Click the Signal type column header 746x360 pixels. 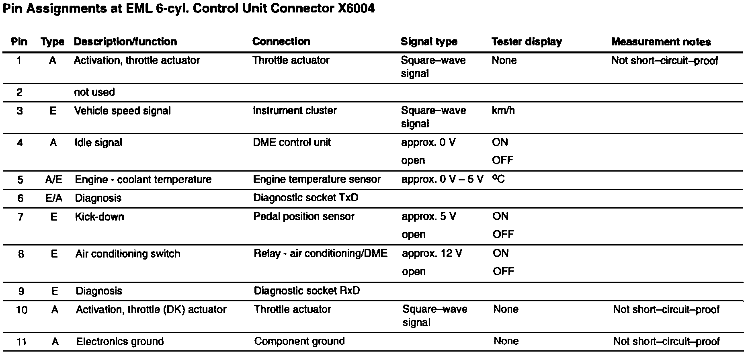pyautogui.click(x=429, y=42)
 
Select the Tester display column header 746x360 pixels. pyautogui.click(x=527, y=42)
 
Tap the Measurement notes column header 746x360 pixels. pyautogui.click(x=661, y=42)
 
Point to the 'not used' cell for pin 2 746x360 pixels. pyautogui.click(x=94, y=92)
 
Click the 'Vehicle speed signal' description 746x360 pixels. pyautogui.click(x=123, y=111)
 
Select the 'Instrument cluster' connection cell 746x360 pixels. pyautogui.click(x=295, y=110)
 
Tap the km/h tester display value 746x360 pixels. pyautogui.click(x=503, y=110)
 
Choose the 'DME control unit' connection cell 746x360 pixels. pyautogui.click(x=292, y=142)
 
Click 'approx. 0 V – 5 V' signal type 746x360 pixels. pyautogui.click(x=442, y=179)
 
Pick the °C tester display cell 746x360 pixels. pyautogui.click(x=498, y=179)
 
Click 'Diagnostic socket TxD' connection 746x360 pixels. pyautogui.click(x=305, y=198)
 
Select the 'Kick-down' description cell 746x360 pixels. pyautogui.click(x=100, y=217)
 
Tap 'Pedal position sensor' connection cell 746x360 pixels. pyautogui.click(x=304, y=217)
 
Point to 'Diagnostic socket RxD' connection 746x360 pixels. pyautogui.click(x=307, y=291)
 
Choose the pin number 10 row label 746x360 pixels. pyautogui.click(x=22, y=310)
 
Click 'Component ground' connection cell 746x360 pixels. pyautogui.click(x=299, y=342)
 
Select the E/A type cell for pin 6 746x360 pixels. pyautogui.click(x=54, y=198)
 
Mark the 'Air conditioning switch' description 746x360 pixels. pyautogui.click(x=128, y=254)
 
